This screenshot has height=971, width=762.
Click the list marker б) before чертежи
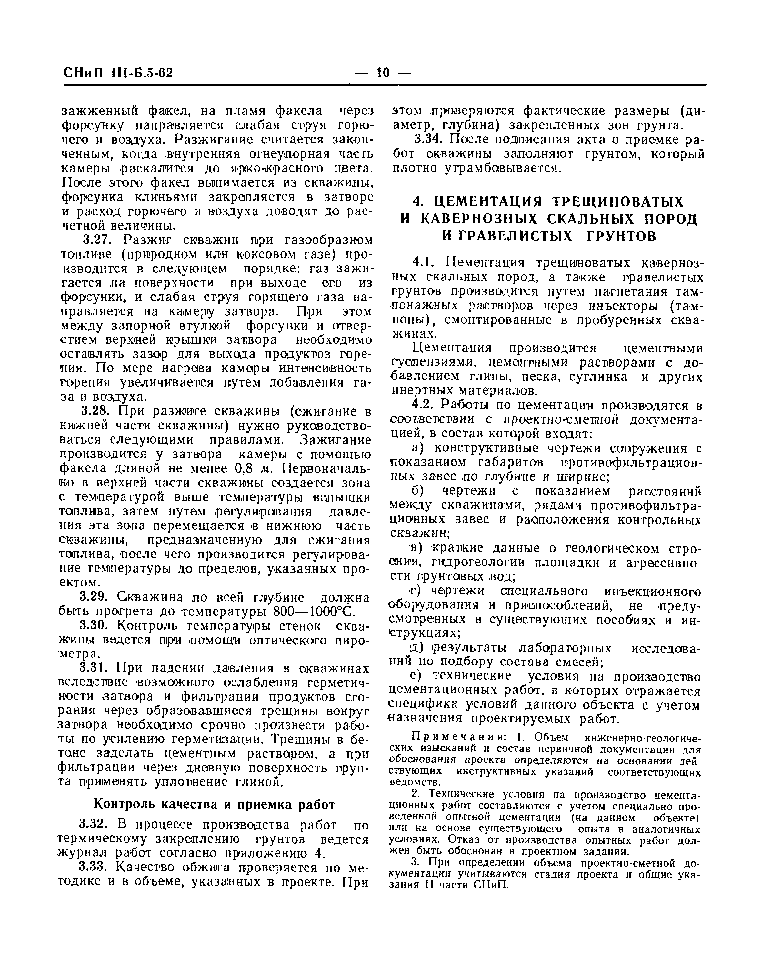[x=417, y=491]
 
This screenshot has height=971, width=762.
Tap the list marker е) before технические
[x=417, y=676]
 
